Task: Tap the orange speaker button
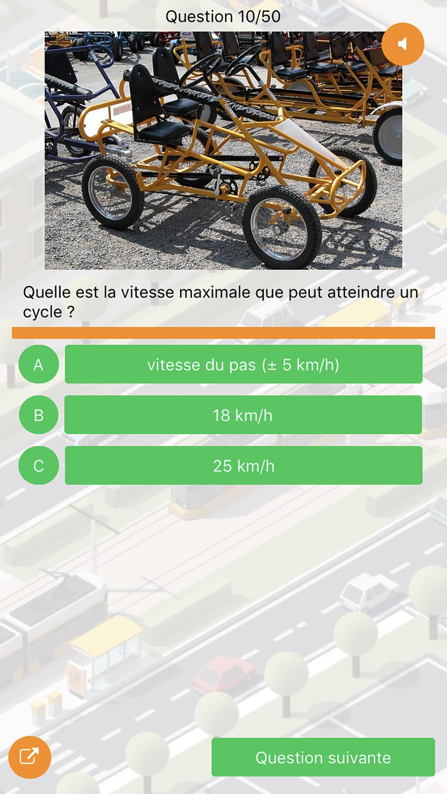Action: pyautogui.click(x=403, y=44)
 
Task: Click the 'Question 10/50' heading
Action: pyautogui.click(x=223, y=17)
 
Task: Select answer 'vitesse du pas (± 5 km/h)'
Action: pyautogui.click(x=244, y=364)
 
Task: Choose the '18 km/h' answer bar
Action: pyautogui.click(x=243, y=415)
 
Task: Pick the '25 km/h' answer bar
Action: pyautogui.click(x=244, y=466)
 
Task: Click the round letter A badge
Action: pyautogui.click(x=39, y=364)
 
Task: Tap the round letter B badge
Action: pyautogui.click(x=39, y=415)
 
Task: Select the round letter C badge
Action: pyautogui.click(x=39, y=466)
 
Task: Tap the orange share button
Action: pyautogui.click(x=30, y=757)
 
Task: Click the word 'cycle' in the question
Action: pyautogui.click(x=42, y=312)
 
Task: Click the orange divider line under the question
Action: pyautogui.click(x=223, y=333)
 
